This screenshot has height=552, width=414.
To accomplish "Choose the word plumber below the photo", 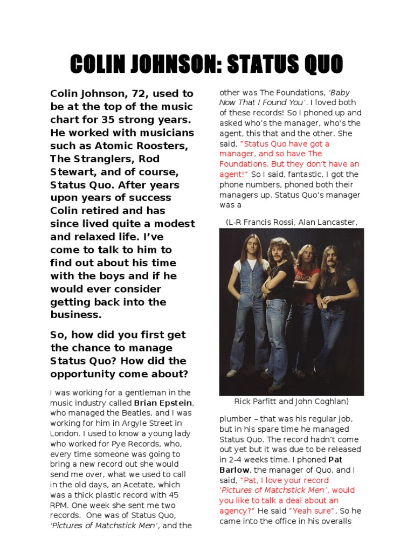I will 235,418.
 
